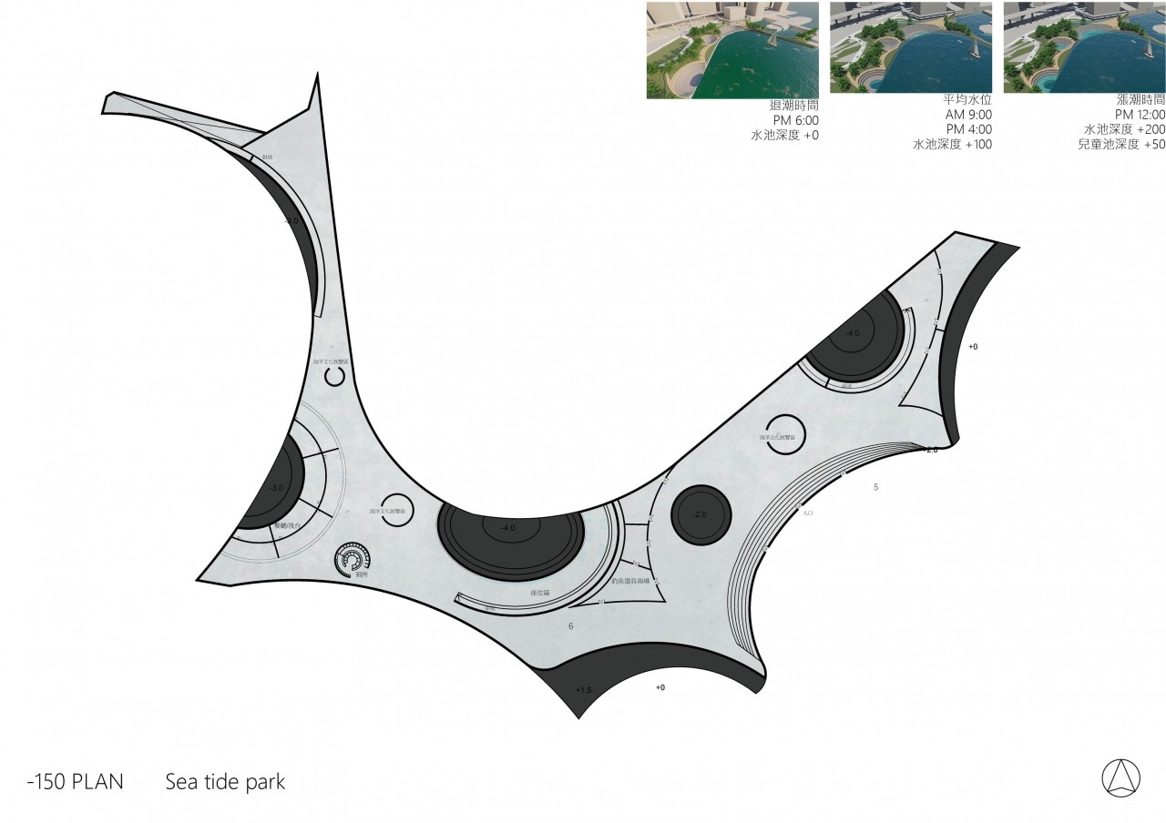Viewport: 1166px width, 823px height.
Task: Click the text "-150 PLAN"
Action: (76, 782)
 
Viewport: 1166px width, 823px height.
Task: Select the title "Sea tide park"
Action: (225, 782)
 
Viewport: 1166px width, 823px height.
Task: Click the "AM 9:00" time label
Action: (968, 115)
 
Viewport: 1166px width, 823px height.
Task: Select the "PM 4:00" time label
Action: (968, 129)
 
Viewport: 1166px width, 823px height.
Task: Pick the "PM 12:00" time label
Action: (1140, 115)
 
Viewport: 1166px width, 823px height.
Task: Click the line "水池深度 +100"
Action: (952, 144)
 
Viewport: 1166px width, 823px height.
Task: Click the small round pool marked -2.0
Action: (701, 514)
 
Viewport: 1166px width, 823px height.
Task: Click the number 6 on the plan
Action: (571, 626)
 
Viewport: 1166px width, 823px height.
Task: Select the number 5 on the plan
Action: (876, 487)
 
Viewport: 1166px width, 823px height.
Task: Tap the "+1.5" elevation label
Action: (584, 690)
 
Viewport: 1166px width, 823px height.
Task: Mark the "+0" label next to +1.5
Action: (660, 687)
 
